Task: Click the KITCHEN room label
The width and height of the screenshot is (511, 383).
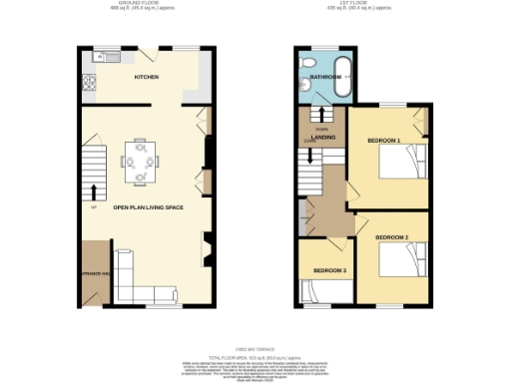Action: [x=148, y=76]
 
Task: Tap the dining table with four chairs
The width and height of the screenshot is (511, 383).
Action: [x=140, y=162]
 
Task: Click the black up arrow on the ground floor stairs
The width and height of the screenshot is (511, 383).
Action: [x=95, y=191]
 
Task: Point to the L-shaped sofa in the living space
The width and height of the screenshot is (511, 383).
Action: [x=150, y=294]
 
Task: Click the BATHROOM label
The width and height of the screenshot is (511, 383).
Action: [x=324, y=76]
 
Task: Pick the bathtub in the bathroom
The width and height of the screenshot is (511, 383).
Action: [x=341, y=77]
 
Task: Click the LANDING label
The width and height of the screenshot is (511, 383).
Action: [x=323, y=137]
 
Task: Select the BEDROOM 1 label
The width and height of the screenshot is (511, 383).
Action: [x=383, y=142]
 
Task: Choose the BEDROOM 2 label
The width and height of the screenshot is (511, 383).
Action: [x=392, y=236]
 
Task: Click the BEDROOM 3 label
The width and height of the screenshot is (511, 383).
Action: [x=329, y=271]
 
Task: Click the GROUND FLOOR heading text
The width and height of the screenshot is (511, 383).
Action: [x=141, y=4]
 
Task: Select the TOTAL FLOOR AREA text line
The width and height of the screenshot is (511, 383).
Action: [x=255, y=355]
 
